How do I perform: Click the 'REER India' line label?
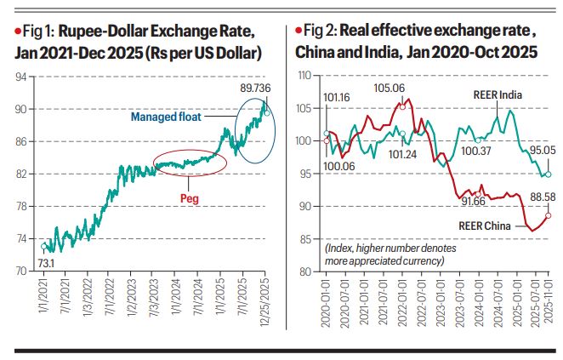pyautogui.click(x=496, y=95)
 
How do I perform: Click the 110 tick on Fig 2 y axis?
pyautogui.click(x=304, y=77)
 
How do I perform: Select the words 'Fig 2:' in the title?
pyautogui.click(x=323, y=32)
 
